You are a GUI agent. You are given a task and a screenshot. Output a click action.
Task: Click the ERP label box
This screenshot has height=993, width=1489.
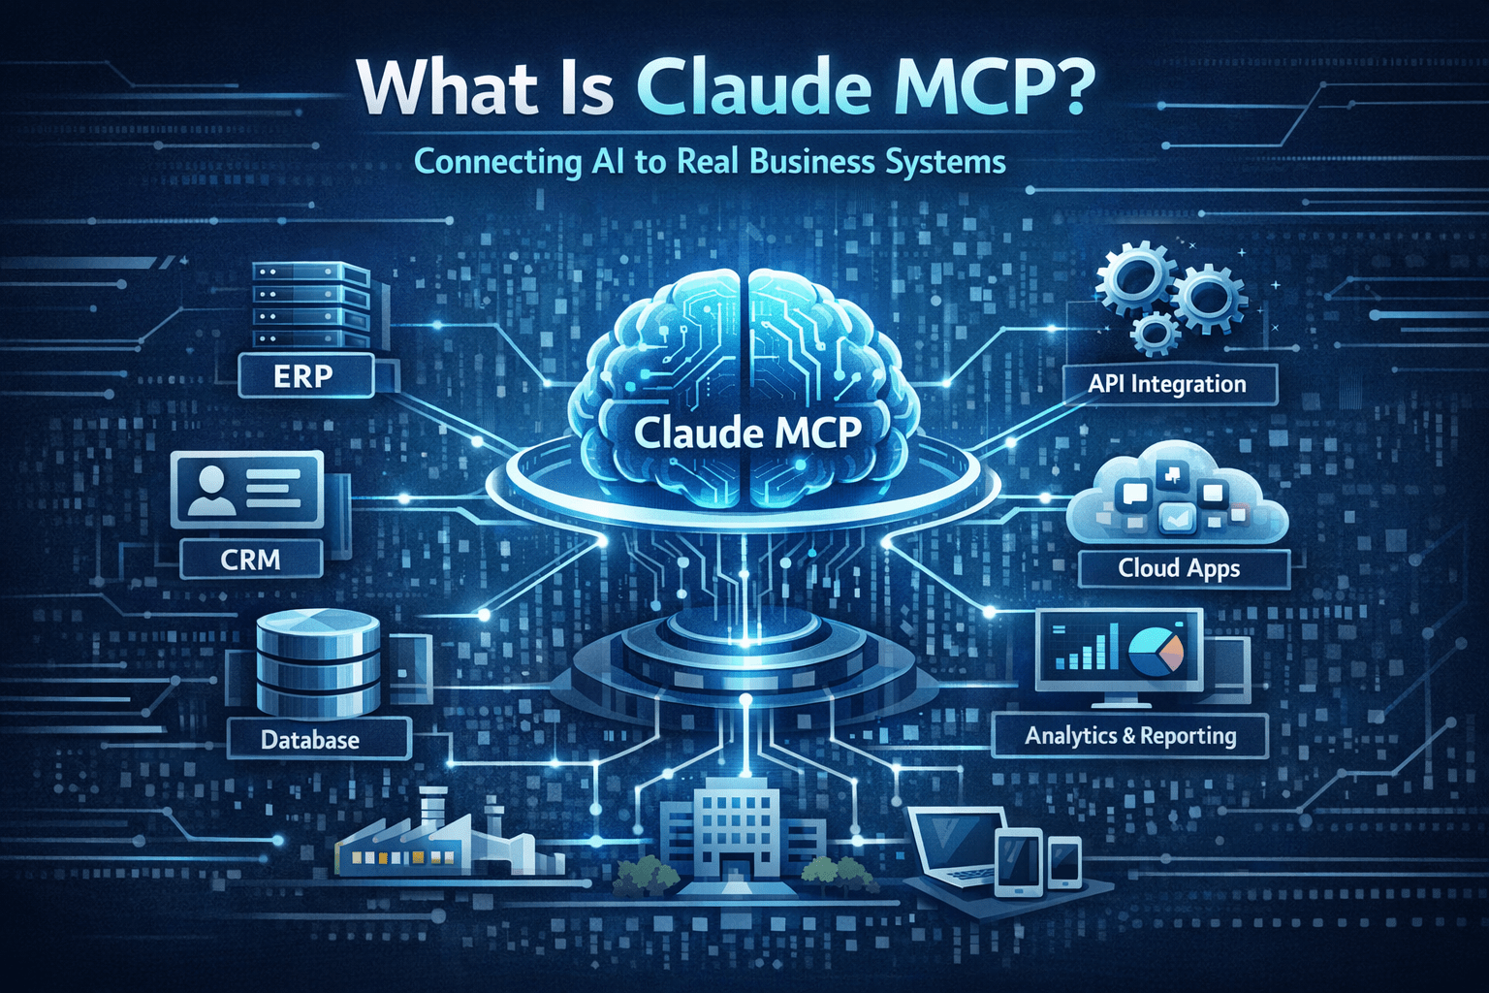304,375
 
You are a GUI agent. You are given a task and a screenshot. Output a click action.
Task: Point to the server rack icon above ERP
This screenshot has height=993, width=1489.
311,304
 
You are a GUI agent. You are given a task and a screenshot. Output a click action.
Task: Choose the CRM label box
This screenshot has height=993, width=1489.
251,560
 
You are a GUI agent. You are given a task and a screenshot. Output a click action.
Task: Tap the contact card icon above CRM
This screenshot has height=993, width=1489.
247,489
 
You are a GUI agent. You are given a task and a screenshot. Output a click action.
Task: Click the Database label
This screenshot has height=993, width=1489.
311,740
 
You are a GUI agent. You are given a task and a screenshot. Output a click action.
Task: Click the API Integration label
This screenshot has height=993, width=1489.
1168,384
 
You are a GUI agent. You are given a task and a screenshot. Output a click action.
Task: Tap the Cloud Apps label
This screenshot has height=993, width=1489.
1180,568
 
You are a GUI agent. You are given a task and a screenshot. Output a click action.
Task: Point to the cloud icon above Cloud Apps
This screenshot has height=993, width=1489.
1177,494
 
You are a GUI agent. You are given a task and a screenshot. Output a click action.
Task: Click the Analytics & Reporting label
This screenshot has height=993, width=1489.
1130,736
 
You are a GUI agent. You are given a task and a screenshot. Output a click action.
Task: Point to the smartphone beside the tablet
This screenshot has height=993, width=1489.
1064,861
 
